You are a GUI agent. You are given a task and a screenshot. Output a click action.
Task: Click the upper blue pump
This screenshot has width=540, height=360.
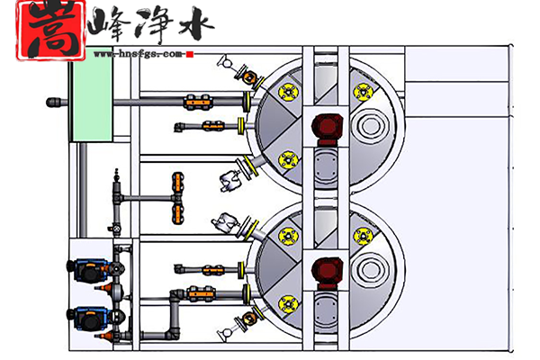87,268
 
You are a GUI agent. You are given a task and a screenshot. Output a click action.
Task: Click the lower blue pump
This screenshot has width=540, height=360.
87,317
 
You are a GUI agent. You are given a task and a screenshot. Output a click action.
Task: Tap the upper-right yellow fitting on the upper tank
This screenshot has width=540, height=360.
362,90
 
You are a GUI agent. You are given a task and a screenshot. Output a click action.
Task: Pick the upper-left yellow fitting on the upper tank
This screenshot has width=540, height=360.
288,90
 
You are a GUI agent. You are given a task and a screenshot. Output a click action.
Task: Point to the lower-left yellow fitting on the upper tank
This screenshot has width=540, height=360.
288,160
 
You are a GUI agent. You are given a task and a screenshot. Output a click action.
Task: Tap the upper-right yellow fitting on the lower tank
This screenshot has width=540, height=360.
362,236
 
